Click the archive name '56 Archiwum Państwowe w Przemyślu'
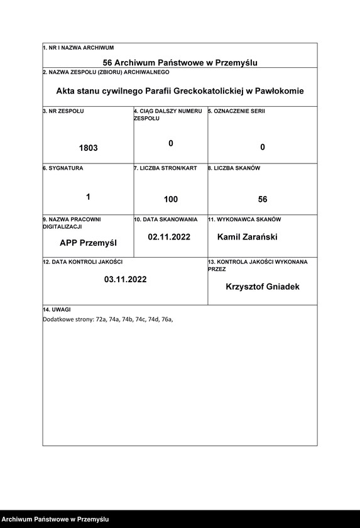point(180,62)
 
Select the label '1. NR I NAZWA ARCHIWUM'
point(79,48)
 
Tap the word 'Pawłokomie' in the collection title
point(278,91)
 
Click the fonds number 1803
point(89,148)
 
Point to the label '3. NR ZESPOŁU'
point(63,111)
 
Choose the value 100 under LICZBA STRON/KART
point(170,199)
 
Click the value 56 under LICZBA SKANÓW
point(263,199)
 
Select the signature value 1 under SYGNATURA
point(88,197)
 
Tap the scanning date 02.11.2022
point(169,238)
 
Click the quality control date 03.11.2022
point(126,279)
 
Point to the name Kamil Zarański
point(247,238)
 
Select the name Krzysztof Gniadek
point(263,287)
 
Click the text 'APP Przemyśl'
point(88,243)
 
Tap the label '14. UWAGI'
point(57,310)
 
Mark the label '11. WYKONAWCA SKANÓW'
point(244,220)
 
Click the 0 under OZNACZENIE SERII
point(263,147)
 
